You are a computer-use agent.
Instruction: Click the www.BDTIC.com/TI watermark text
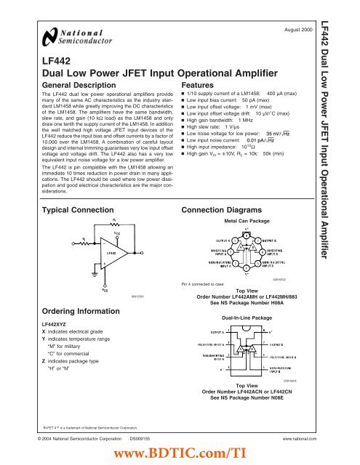(180, 454)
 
